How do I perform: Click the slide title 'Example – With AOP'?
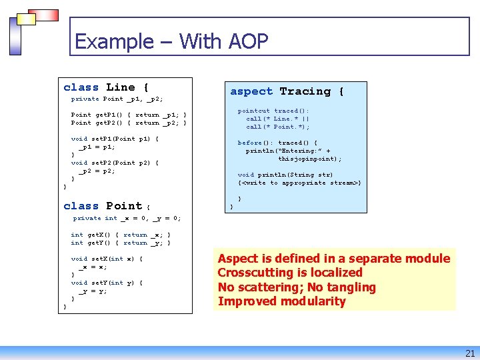[171, 41]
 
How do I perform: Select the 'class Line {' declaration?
[106, 87]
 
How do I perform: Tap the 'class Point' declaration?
[103, 206]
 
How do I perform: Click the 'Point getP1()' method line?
[129, 115]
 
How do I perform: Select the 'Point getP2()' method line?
[129, 123]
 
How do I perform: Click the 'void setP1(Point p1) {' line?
[115, 139]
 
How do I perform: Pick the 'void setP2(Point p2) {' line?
[115, 163]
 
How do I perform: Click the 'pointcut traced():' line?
[273, 111]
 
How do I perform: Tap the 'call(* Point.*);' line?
[277, 127]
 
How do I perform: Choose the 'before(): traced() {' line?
[277, 143]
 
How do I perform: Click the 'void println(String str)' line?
[285, 175]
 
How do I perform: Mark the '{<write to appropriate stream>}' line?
[299, 183]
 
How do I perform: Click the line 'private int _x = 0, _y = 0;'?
[127, 218]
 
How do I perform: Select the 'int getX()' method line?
[121, 235]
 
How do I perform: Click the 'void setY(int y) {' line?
[107, 283]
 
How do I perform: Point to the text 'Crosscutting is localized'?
[290, 273]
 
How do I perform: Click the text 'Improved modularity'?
[281, 301]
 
